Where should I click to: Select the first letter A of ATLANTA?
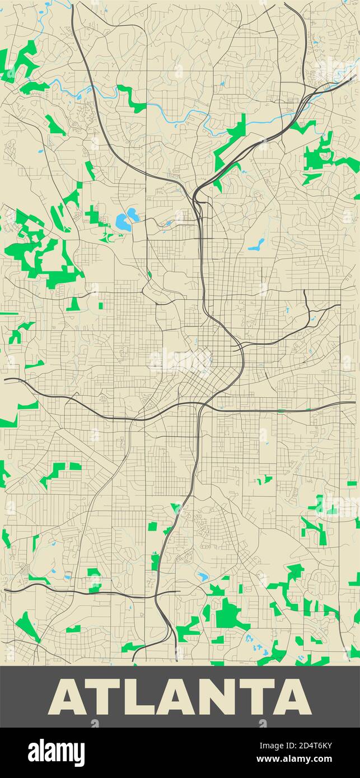(x=69, y=697)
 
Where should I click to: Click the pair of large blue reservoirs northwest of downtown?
(x=127, y=219)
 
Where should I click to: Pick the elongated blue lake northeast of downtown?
(x=256, y=245)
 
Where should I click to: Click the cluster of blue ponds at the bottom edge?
(x=257, y=648)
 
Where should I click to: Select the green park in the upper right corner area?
(x=322, y=154)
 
